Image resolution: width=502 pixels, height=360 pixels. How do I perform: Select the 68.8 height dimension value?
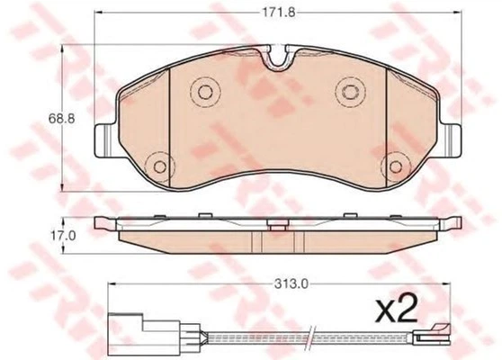tap(61, 119)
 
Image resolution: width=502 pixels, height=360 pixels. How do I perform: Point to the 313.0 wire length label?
tap(291, 283)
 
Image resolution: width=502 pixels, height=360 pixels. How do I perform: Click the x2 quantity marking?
tap(397, 309)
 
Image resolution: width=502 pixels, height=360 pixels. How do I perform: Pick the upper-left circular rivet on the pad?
tap(205, 92)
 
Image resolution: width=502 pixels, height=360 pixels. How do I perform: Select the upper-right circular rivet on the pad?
tap(350, 92)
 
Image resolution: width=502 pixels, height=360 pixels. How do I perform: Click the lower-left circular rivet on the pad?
tap(160, 166)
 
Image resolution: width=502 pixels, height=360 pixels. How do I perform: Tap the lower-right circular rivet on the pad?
tap(396, 166)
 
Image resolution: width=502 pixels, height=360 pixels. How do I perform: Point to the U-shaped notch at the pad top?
tap(278, 58)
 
